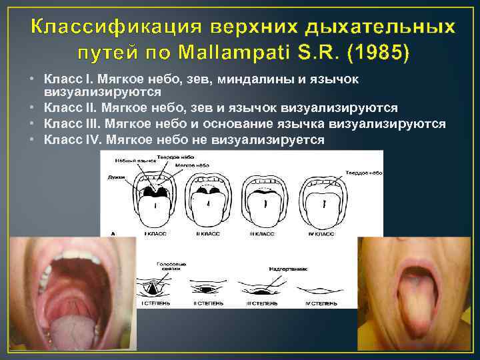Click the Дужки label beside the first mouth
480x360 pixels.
point(117,177)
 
